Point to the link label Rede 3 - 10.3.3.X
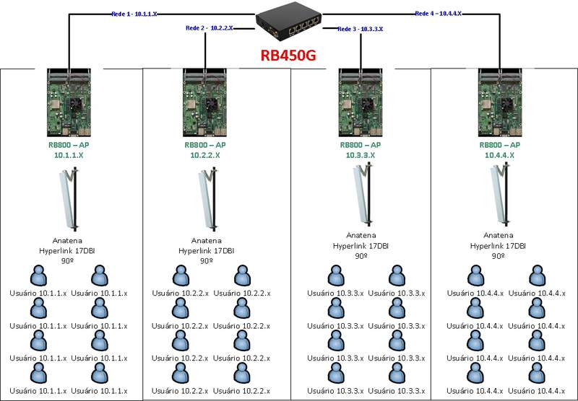360,29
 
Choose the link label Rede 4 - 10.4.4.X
439,14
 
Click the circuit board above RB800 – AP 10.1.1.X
70,102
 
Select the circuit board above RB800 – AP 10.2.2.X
207,102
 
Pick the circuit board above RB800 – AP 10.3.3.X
360,102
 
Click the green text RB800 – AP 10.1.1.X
70,149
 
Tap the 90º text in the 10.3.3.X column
360,255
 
